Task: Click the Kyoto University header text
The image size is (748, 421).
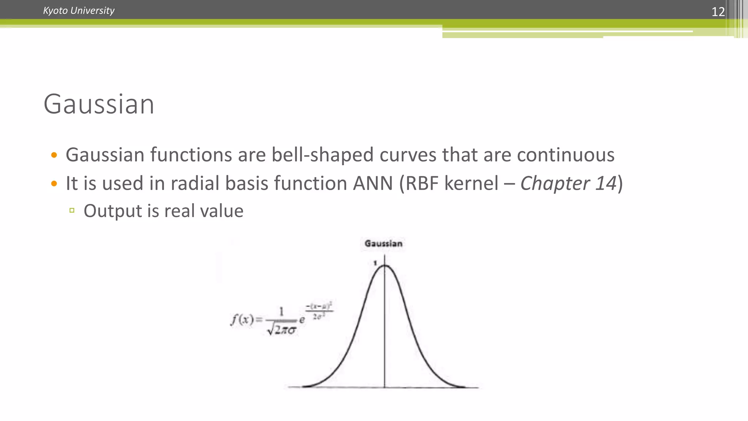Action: [x=79, y=11]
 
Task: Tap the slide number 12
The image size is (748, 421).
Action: [x=718, y=12]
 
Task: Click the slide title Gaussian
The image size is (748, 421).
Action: [x=99, y=104]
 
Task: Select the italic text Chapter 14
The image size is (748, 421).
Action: [x=568, y=183]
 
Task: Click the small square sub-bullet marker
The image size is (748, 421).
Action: [x=72, y=210]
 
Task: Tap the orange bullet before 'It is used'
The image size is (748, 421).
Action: [x=54, y=183]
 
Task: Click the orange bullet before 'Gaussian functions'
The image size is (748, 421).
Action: [x=54, y=155]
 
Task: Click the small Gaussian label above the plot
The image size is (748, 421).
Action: [x=383, y=244]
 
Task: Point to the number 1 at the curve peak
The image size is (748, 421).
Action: [x=375, y=263]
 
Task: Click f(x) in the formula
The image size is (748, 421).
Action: [x=242, y=320]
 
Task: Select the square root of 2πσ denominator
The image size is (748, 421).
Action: [x=282, y=330]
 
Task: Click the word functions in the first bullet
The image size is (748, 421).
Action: [x=191, y=155]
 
